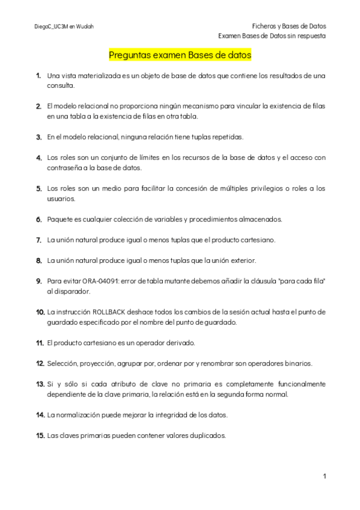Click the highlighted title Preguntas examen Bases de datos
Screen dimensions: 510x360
[x=180, y=55]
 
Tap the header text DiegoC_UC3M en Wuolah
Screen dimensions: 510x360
[x=64, y=26]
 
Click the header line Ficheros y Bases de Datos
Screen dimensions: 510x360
[x=288, y=26]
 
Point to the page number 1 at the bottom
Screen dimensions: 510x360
[x=324, y=476]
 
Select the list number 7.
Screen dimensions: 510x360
[x=38, y=240]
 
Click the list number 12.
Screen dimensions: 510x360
[x=40, y=363]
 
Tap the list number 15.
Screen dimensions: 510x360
[x=40, y=435]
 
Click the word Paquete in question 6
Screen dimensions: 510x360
[x=61, y=219]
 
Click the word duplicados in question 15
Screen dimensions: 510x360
[x=207, y=435]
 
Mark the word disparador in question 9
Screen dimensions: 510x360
[x=72, y=291]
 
